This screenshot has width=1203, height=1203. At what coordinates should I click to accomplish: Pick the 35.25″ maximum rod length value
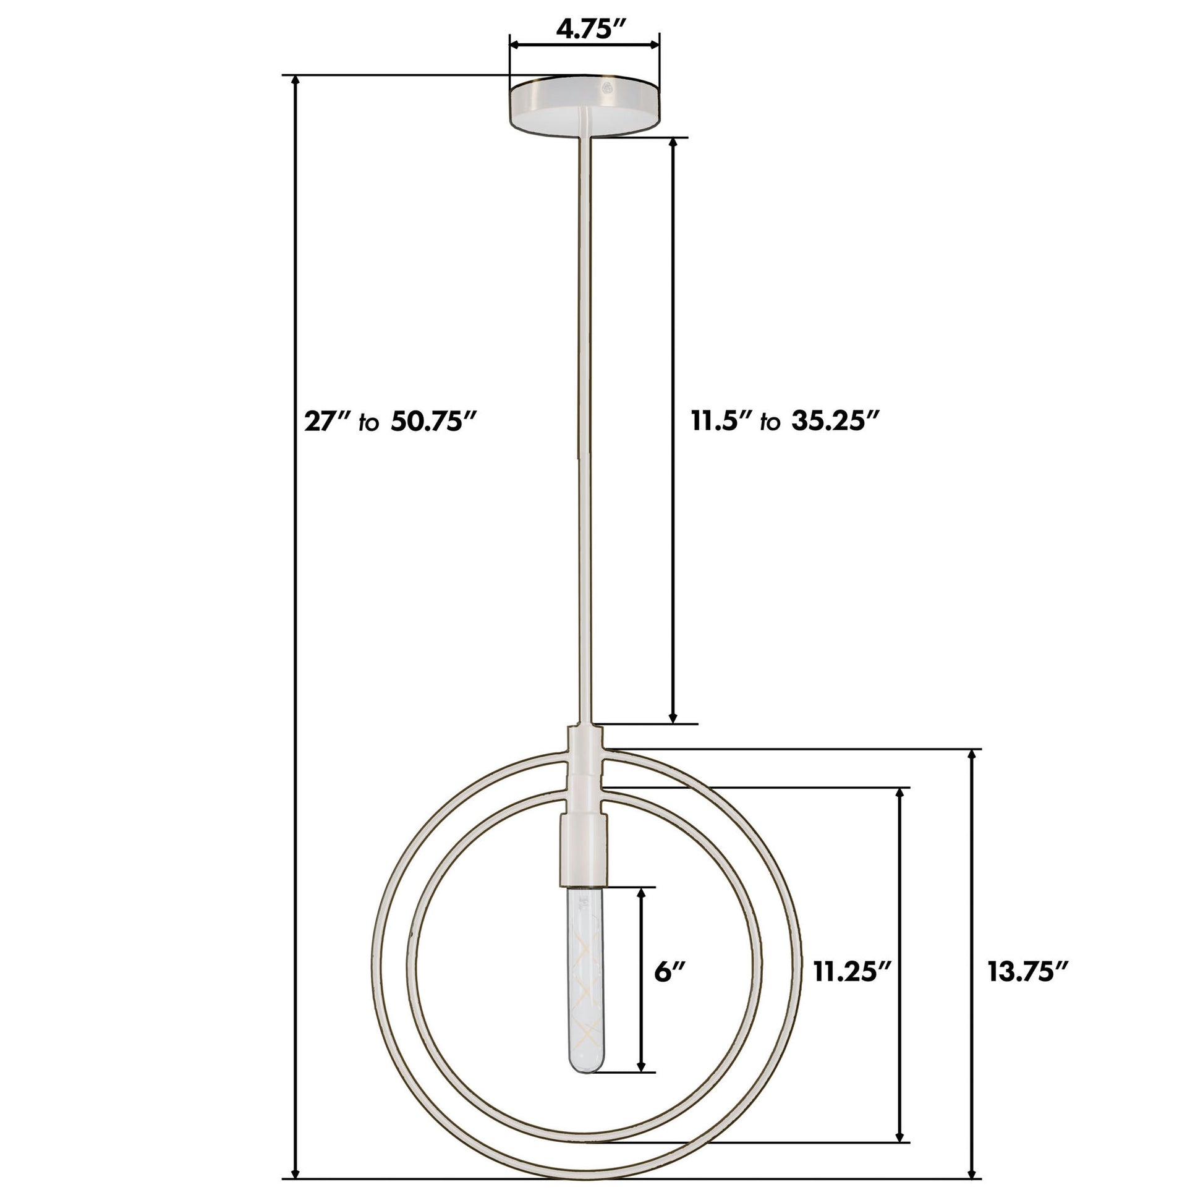pos(835,422)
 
